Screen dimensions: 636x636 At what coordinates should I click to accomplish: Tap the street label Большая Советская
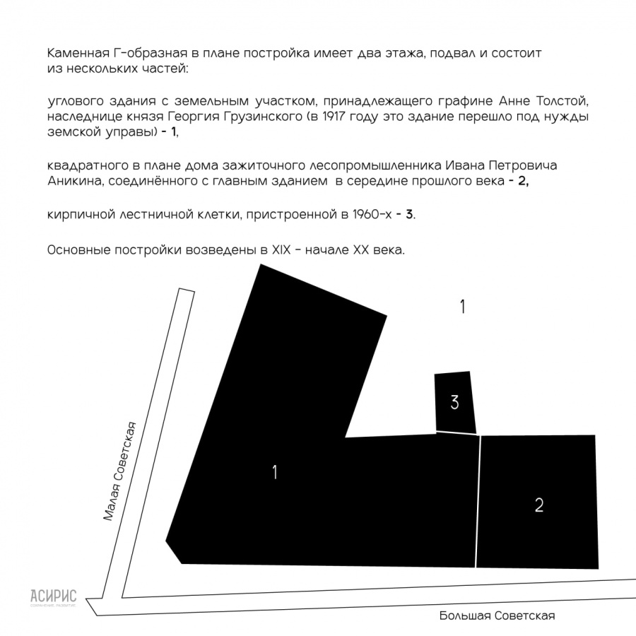click(x=496, y=616)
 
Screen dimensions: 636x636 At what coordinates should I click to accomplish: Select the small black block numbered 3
click(x=454, y=402)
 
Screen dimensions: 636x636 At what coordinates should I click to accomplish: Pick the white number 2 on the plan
click(x=539, y=505)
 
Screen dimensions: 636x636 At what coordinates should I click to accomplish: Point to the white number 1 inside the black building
click(x=274, y=473)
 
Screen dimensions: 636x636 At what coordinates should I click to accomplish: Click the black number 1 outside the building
click(x=462, y=307)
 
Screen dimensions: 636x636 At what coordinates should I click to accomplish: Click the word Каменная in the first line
click(x=75, y=54)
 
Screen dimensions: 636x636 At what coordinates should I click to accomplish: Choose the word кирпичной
click(x=78, y=216)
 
